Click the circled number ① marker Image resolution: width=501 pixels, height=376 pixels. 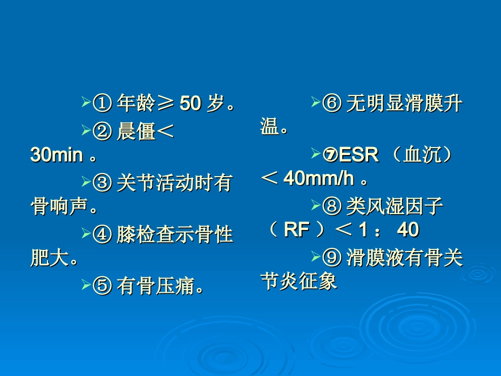pyautogui.click(x=102, y=104)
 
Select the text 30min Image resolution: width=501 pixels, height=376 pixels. pyautogui.click(x=56, y=155)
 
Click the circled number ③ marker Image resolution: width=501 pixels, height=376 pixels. pyautogui.click(x=102, y=183)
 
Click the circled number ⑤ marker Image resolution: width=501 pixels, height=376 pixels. pyautogui.click(x=102, y=286)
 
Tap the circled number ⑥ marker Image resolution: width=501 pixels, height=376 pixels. pyautogui.click(x=331, y=104)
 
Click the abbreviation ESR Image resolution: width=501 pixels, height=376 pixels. pyautogui.click(x=359, y=155)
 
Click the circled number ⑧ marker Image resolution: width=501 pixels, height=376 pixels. pyautogui.click(x=331, y=206)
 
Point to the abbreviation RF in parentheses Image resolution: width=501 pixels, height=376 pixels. pyautogui.click(x=296, y=230)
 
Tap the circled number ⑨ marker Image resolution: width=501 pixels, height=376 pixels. pyautogui.click(x=331, y=258)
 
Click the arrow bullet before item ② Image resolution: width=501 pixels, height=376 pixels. pyautogui.click(x=86, y=130)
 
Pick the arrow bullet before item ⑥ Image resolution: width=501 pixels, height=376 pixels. pyautogui.click(x=315, y=102)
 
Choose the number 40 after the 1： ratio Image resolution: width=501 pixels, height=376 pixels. pyautogui.click(x=408, y=230)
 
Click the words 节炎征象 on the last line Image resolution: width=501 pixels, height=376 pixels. pyautogui.click(x=299, y=281)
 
